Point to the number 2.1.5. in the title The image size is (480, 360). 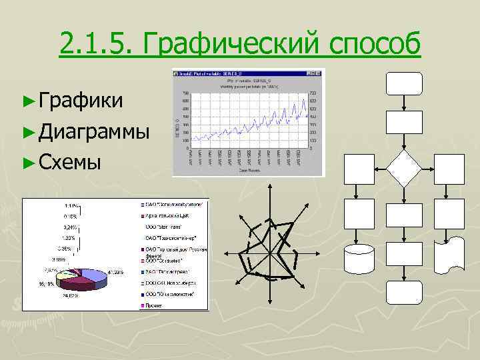coord(97,45)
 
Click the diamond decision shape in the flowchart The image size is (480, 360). coord(405,169)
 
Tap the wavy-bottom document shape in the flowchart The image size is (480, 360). coord(449,254)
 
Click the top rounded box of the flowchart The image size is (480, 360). coord(405,84)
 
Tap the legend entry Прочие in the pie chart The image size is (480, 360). coord(155,305)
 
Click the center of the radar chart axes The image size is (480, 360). coord(271,254)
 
